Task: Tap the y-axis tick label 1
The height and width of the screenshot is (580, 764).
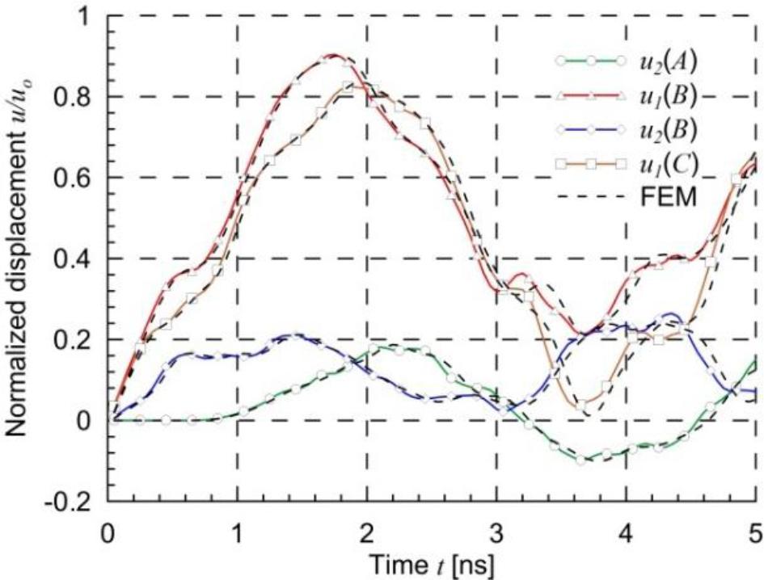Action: click(88, 16)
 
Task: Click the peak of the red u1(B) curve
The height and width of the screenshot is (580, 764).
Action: click(332, 56)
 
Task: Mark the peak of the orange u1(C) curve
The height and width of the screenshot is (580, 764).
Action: click(349, 86)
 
